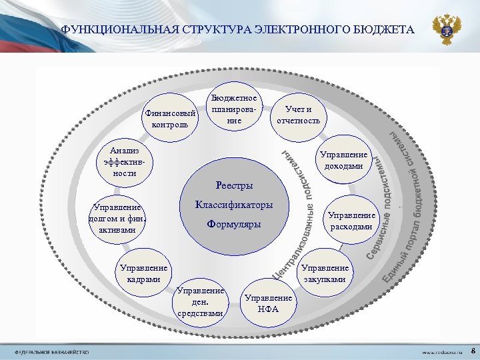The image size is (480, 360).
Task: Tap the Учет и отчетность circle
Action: [x=298, y=116]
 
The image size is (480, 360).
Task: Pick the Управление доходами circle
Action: [x=344, y=160]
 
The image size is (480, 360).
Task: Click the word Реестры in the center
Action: [x=234, y=185]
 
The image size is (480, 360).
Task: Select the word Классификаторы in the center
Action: [x=233, y=205]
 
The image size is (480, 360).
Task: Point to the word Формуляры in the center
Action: [x=234, y=225]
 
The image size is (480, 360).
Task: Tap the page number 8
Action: [x=472, y=350]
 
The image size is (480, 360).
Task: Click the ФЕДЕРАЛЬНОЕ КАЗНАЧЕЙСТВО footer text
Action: [x=46, y=351]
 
